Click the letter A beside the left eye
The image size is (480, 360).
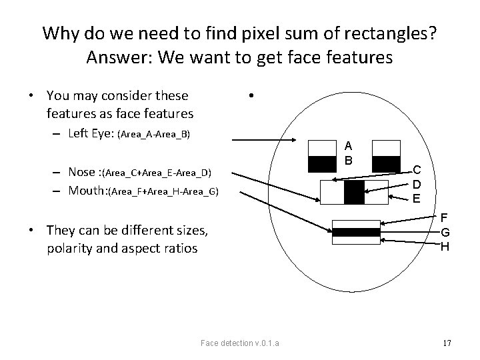pos(349,147)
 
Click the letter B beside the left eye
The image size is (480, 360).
pos(349,160)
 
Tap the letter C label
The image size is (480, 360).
pos(416,171)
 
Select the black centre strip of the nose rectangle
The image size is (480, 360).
pos(354,192)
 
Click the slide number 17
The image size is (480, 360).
pos(447,343)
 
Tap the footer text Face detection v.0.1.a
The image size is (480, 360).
pos(240,343)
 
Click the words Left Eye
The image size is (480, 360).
pos(91,133)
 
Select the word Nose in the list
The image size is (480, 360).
pos(82,173)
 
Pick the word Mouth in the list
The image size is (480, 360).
pos(87,191)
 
